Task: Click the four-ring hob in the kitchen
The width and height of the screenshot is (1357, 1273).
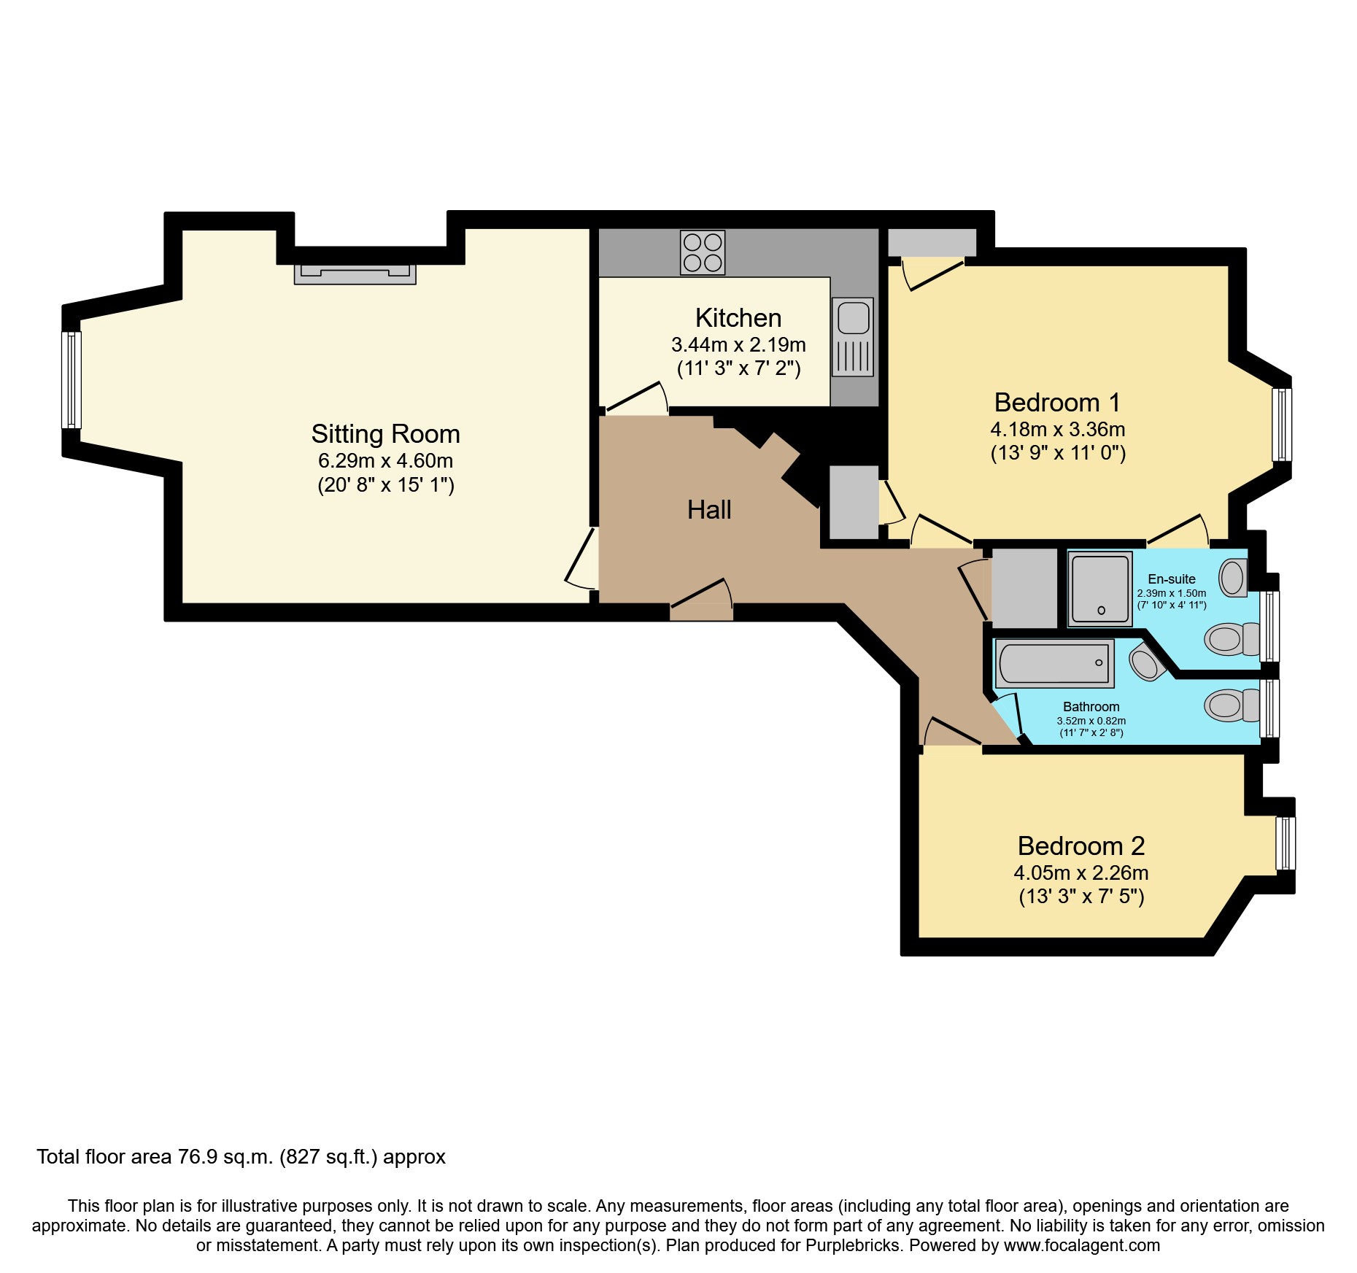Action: coord(703,252)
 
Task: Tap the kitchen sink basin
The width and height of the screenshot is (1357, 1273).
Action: coord(853,318)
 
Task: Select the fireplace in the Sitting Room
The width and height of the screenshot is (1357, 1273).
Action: coord(355,274)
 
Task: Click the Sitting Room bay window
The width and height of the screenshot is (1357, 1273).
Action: coord(71,379)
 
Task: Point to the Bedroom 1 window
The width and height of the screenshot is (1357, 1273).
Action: coord(1282,425)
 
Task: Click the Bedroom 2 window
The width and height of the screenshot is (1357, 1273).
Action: coord(1286,843)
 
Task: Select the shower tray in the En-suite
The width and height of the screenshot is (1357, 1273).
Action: coord(1100,589)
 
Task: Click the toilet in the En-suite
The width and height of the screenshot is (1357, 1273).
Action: coord(1232,640)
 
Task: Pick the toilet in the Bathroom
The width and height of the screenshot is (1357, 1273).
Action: coord(1232,705)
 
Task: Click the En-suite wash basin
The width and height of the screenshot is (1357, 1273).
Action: coord(1233,578)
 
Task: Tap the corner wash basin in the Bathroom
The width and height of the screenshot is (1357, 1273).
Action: coord(1146,662)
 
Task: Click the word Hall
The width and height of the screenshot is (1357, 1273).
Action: coord(709,510)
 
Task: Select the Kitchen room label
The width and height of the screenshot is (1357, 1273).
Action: coord(738,318)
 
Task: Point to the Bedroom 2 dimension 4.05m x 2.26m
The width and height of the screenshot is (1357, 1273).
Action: coord(1081,872)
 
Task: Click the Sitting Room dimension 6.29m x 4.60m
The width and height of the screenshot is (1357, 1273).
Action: coord(385,461)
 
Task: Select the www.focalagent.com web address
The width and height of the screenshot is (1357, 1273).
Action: coord(1082,1245)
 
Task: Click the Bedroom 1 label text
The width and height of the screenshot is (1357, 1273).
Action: coord(1057,403)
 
